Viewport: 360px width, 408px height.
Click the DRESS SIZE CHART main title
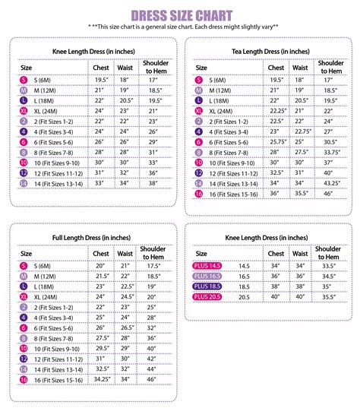[x=180, y=15]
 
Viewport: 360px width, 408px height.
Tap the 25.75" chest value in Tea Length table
[x=276, y=141]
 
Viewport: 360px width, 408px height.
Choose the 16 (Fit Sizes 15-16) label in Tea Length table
[x=230, y=194]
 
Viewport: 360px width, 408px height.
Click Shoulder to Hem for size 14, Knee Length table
[x=152, y=183]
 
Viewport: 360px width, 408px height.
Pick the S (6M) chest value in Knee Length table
[x=99, y=80]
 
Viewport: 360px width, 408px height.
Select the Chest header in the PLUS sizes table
[x=276, y=253]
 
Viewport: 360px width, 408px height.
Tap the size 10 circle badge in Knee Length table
[x=24, y=163]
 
